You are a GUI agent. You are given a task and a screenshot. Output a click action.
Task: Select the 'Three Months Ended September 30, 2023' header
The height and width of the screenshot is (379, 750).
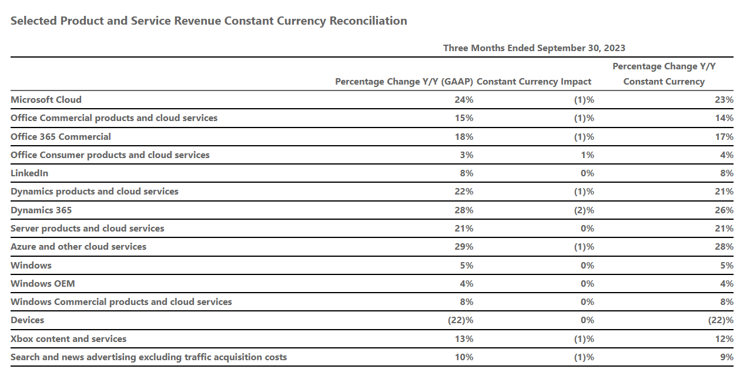[x=534, y=48]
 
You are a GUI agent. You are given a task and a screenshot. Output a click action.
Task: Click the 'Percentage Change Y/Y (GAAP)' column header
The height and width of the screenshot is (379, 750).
[x=404, y=82]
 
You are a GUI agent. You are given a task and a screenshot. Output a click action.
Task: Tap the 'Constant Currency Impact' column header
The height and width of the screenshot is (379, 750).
[x=534, y=82]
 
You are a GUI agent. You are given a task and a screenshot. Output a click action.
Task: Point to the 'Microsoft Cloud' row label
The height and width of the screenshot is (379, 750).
[x=46, y=100]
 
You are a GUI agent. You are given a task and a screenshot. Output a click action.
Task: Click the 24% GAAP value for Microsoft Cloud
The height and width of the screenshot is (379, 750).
[x=464, y=100]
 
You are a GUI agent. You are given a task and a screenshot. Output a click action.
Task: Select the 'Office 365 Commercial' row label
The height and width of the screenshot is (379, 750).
[x=61, y=137]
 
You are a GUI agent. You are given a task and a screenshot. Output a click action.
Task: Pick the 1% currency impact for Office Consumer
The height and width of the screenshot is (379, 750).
[x=587, y=155]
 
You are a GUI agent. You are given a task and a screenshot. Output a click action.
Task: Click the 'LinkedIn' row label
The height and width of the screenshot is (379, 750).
[x=29, y=173]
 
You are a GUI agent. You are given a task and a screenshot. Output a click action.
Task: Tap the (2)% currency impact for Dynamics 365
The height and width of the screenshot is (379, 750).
[x=584, y=210]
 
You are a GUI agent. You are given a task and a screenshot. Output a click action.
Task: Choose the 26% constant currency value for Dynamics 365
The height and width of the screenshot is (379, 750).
[x=724, y=210]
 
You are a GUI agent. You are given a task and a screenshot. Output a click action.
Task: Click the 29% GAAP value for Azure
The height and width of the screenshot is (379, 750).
[x=464, y=247]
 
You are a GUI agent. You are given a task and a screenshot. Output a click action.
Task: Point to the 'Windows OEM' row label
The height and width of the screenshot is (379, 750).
[x=42, y=284]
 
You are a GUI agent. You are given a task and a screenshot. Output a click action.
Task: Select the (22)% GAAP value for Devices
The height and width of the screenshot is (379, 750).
[x=460, y=320]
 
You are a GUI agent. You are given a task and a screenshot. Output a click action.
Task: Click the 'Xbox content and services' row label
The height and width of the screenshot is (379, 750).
[x=68, y=339]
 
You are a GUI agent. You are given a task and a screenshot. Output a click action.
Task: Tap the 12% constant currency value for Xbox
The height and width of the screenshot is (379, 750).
[x=724, y=339]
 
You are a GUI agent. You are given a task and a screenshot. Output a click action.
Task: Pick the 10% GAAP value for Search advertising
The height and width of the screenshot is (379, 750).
[x=464, y=357]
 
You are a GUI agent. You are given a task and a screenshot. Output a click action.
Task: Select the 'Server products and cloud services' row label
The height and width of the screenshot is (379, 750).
[x=87, y=229]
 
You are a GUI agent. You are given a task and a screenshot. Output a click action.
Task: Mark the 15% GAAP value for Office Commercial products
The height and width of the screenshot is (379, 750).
[x=464, y=118]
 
